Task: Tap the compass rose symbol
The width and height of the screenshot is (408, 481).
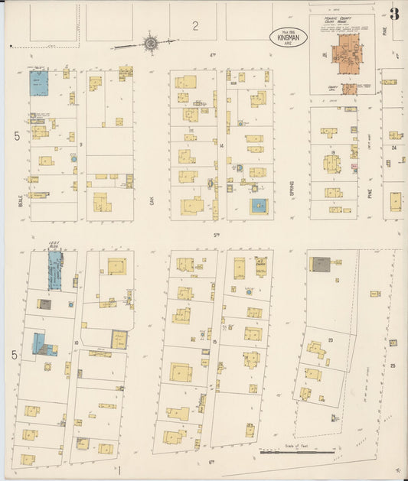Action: click(x=152, y=44)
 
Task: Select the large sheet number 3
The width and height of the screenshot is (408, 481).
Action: click(x=394, y=14)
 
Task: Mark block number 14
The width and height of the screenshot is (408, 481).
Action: click(x=220, y=145)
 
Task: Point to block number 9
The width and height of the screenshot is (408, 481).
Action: click(x=80, y=143)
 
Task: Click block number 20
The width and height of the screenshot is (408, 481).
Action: click(x=331, y=338)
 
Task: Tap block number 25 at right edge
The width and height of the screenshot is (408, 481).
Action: click(x=393, y=366)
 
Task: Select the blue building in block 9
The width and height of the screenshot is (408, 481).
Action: click(x=40, y=83)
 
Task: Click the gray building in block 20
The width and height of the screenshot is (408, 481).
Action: click(x=320, y=265)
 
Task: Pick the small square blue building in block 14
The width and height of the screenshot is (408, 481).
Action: click(x=259, y=205)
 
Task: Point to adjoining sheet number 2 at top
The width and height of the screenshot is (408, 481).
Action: click(x=195, y=26)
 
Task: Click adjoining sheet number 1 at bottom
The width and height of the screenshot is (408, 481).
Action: click(x=120, y=468)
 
